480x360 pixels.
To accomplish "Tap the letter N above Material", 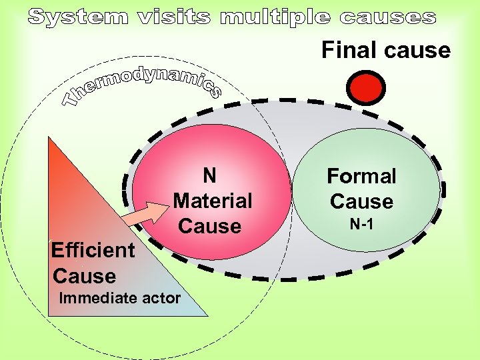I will [209, 175].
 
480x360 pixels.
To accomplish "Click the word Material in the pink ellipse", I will [213, 201].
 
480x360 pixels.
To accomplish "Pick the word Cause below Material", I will [209, 226].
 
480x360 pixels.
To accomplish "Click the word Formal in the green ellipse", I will [361, 177].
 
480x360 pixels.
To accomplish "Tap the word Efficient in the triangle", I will [93, 251].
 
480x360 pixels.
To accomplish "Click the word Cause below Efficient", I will [84, 276].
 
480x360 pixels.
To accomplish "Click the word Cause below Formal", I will [361, 201].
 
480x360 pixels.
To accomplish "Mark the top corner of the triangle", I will [49, 139].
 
